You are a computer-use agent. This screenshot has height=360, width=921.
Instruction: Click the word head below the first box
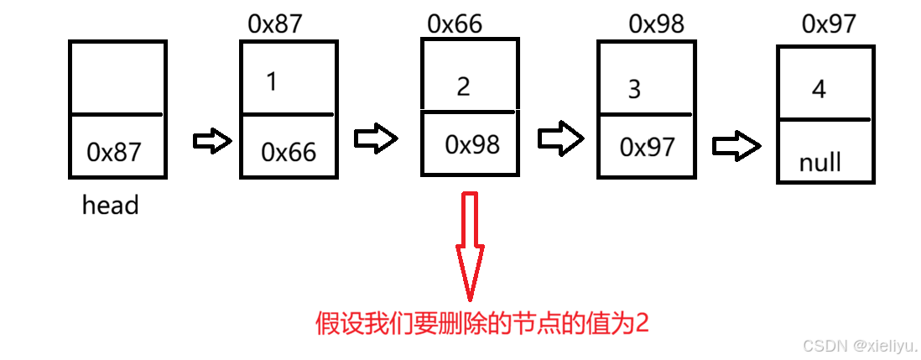pyautogui.click(x=110, y=206)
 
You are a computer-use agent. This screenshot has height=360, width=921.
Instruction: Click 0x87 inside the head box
pyautogui.click(x=114, y=152)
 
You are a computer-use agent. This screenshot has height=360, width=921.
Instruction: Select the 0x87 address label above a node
pyautogui.click(x=274, y=23)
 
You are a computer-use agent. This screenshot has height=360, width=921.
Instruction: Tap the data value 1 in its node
pyautogui.click(x=271, y=82)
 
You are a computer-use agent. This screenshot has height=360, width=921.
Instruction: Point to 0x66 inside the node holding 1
pyautogui.click(x=289, y=152)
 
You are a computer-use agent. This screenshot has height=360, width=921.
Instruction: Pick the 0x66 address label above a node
pyautogui.click(x=455, y=23)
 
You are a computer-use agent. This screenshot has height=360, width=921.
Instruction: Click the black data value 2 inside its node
pyautogui.click(x=464, y=86)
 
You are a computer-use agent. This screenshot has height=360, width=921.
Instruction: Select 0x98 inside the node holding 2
pyautogui.click(x=472, y=144)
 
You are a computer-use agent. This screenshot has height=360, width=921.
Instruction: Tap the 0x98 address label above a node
pyautogui.click(x=657, y=23)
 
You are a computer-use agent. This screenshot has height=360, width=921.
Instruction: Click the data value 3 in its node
pyautogui.click(x=634, y=89)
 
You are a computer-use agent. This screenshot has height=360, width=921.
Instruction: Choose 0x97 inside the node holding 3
pyautogui.click(x=647, y=147)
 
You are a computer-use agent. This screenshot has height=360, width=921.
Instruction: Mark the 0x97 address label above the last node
pyautogui.click(x=829, y=23)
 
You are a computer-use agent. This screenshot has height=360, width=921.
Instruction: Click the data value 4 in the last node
pyautogui.click(x=820, y=88)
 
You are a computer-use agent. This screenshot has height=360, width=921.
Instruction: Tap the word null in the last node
pyautogui.click(x=820, y=161)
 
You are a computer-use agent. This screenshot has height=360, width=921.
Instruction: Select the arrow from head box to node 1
pyautogui.click(x=211, y=141)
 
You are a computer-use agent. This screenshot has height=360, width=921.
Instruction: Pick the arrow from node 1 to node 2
pyautogui.click(x=375, y=139)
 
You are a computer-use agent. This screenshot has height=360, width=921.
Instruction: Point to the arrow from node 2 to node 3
pyautogui.click(x=559, y=138)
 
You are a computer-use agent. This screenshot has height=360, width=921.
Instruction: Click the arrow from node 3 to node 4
pyautogui.click(x=736, y=144)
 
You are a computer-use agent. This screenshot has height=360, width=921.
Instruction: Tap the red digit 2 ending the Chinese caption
pyautogui.click(x=642, y=324)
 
